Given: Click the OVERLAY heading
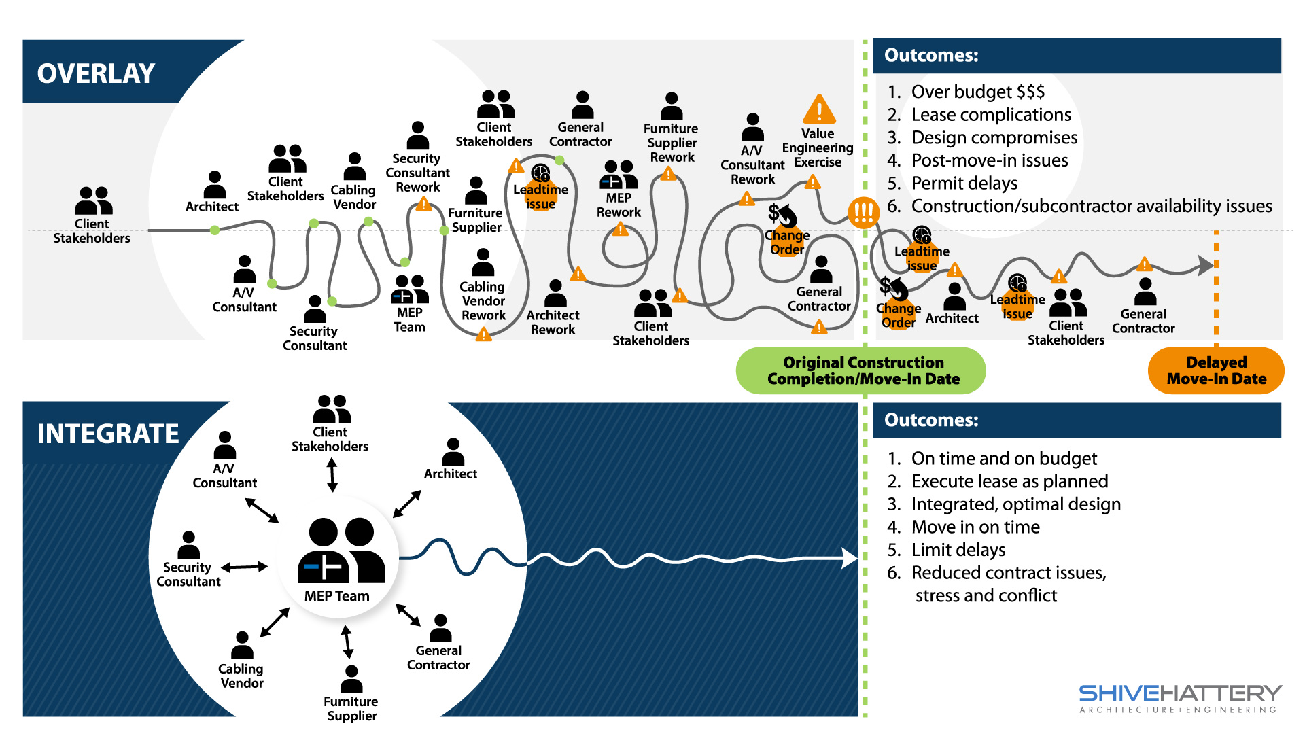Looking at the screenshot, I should [96, 73].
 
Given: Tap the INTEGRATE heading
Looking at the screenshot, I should [107, 434].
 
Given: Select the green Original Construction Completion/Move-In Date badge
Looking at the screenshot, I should [861, 370].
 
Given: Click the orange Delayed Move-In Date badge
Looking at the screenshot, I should [1216, 370].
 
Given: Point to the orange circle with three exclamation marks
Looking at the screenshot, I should [863, 213].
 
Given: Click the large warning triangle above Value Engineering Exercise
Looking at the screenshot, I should [819, 109].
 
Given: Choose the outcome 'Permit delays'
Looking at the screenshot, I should [964, 183].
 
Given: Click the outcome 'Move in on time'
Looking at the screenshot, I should [975, 527].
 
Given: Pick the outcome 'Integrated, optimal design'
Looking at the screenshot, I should [1015, 504].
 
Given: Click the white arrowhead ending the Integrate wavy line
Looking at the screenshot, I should [850, 558].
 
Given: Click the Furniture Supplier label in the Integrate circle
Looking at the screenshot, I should [351, 708].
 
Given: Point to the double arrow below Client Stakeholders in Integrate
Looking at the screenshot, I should [332, 474].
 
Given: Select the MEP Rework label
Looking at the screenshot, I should [619, 205].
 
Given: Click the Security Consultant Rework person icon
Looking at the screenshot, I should [418, 135].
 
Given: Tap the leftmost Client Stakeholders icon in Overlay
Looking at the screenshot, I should [94, 200].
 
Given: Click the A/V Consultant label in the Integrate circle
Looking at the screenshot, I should [224, 476].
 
